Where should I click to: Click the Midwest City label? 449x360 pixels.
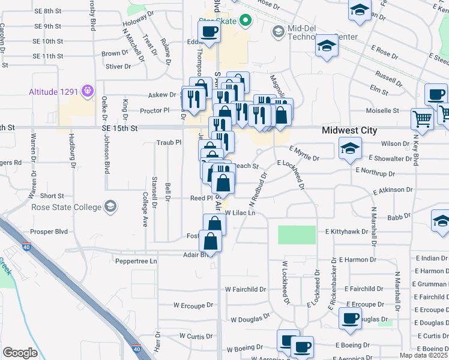pyautogui.click(x=349, y=130)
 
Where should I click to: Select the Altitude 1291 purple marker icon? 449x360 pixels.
pyautogui.click(x=88, y=91)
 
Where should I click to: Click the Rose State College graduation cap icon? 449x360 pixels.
pyautogui.click(x=109, y=207)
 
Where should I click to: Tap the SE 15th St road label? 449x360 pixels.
pyautogui.click(x=120, y=128)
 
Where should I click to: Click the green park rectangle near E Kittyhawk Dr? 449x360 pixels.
pyautogui.click(x=297, y=235)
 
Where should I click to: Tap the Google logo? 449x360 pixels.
pyautogui.click(x=20, y=353)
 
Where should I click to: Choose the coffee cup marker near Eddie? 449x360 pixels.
pyautogui.click(x=209, y=32)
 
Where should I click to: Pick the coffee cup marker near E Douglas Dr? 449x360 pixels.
pyautogui.click(x=351, y=318)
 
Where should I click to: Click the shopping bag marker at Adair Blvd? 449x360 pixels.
pyautogui.click(x=211, y=241)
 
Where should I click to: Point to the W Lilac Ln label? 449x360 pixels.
pyautogui.click(x=240, y=213)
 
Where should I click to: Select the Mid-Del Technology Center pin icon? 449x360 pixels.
pyautogui.click(x=278, y=31)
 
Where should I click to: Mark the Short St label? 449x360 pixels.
pyautogui.click(x=52, y=196)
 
